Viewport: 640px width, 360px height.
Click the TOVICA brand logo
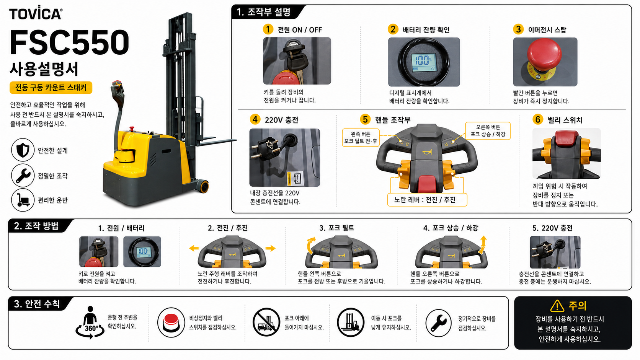pyautogui.click(x=36, y=13)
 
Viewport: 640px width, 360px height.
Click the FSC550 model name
pyautogui.click(x=69, y=42)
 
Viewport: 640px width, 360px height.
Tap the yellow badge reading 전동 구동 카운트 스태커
pyautogui.click(x=51, y=88)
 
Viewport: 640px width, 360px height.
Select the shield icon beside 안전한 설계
pyautogui.click(x=23, y=150)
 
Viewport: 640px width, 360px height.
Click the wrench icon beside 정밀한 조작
pyautogui.click(x=23, y=175)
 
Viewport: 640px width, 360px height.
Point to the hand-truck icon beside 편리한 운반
pyautogui.click(x=23, y=200)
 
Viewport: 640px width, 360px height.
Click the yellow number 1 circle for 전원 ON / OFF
pyautogui.click(x=268, y=29)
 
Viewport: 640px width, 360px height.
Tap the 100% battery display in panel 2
pyautogui.click(x=424, y=62)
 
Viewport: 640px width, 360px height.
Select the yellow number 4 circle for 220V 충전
pyautogui.click(x=255, y=119)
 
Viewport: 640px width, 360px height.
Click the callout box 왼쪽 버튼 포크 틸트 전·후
pyautogui.click(x=361, y=137)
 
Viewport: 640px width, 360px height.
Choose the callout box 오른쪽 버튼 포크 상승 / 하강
pyautogui.click(x=488, y=131)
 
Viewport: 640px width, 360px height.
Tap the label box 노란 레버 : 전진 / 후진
pyautogui.click(x=427, y=200)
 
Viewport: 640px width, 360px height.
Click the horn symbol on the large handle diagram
pyautogui.click(x=427, y=152)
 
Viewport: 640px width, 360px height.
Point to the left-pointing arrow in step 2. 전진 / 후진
pyautogui.click(x=194, y=248)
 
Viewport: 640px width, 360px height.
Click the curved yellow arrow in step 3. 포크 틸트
pyautogui.click(x=310, y=245)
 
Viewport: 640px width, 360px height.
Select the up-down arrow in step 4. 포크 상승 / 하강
pyautogui.click(x=483, y=245)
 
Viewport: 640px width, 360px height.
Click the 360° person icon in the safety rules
pyautogui.click(x=90, y=323)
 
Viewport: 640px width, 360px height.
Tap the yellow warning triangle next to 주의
pyautogui.click(x=557, y=306)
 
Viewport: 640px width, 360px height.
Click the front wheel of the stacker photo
pyautogui.click(x=204, y=186)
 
